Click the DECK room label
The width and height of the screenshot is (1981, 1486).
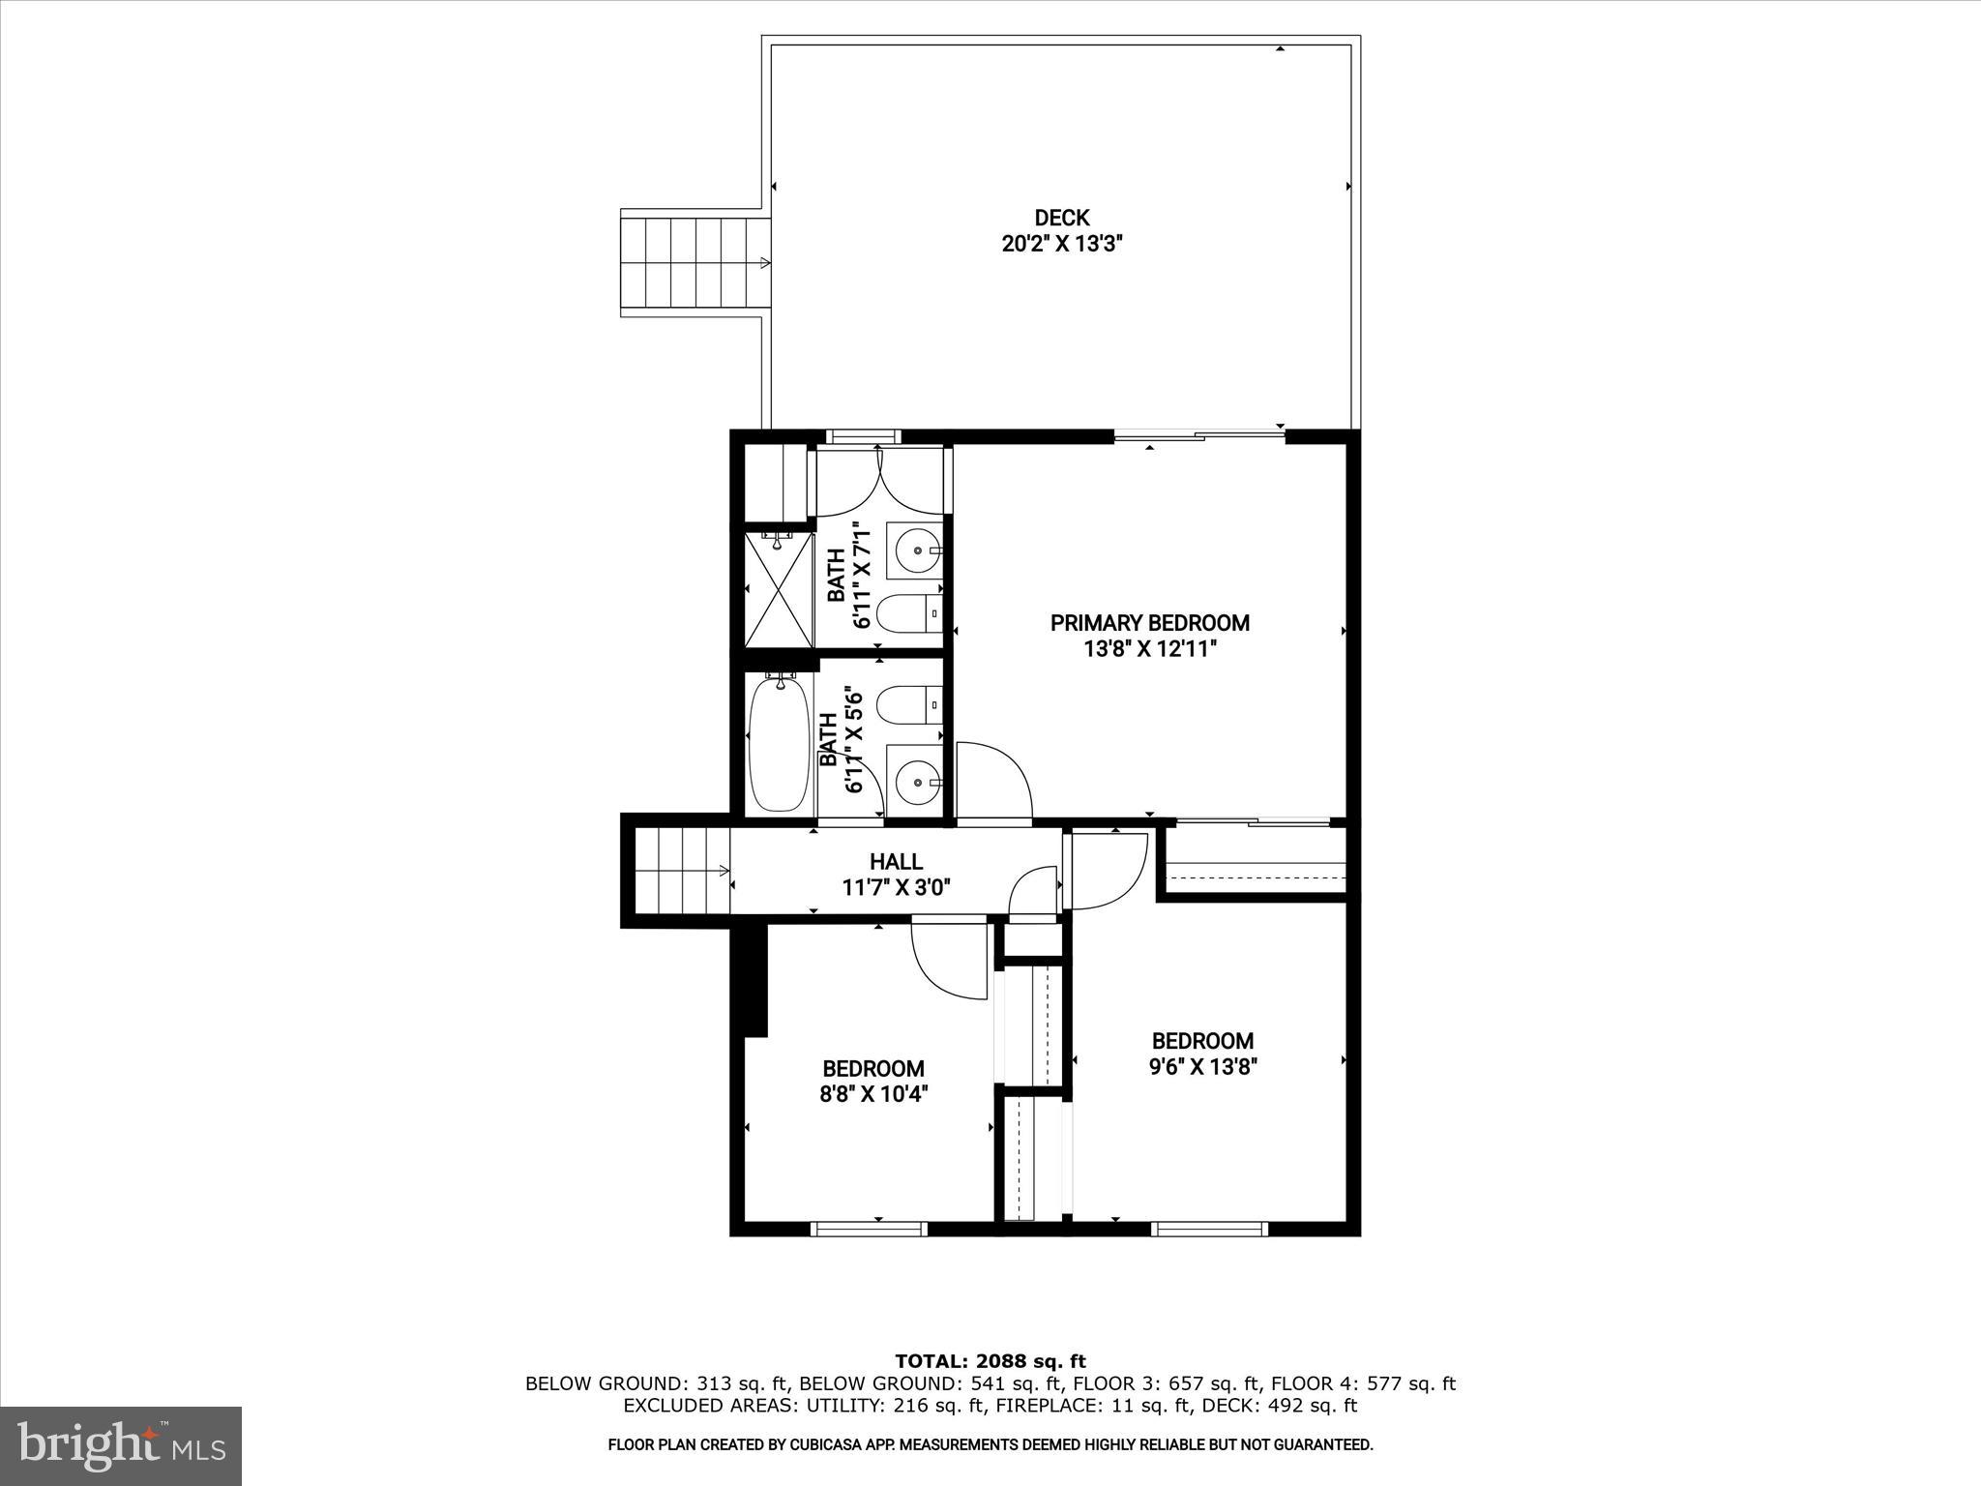tap(1061, 218)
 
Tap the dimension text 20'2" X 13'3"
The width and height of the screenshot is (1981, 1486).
tap(1061, 244)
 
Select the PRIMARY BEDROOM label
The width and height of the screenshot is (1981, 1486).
tap(1149, 623)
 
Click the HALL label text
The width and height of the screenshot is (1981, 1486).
tap(896, 861)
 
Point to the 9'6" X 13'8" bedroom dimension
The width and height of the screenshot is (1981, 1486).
tap(1202, 1067)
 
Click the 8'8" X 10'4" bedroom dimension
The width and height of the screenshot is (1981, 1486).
tap(873, 1094)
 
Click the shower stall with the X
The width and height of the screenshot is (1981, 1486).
tap(779, 589)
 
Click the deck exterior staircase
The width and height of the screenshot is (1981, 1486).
tap(695, 262)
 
